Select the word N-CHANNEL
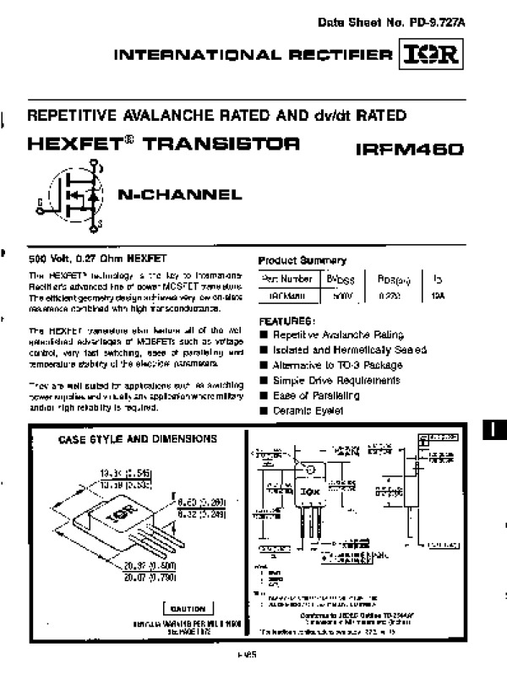179,195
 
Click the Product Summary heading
302,260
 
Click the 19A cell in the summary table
436,296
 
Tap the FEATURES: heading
287,321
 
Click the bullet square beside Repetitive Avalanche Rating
264,335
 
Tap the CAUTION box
188,609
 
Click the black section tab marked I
495,431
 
